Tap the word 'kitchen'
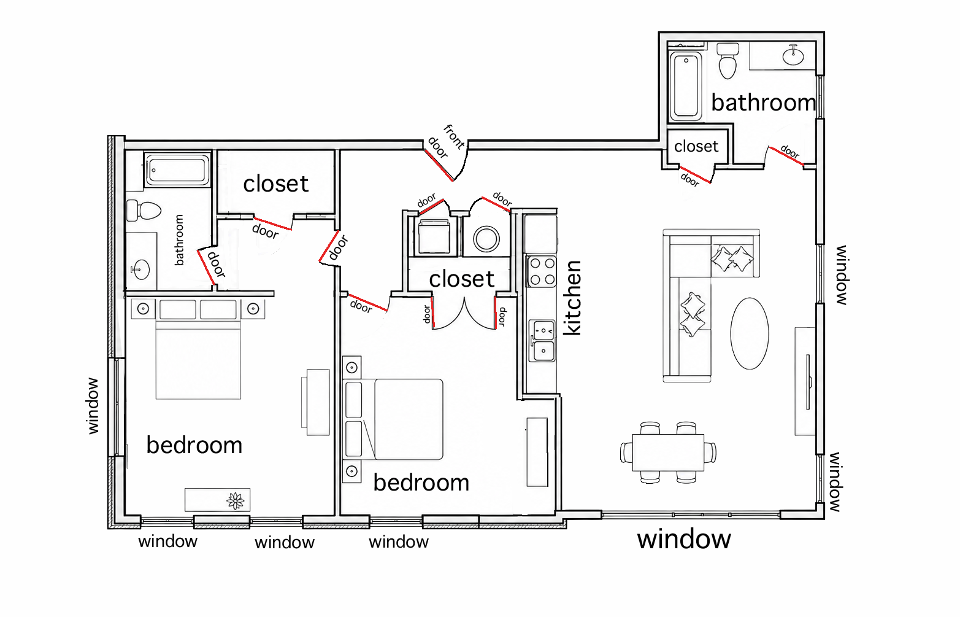point(572,298)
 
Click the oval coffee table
point(749,333)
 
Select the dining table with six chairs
point(668,452)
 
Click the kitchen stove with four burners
point(542,271)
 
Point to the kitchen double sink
point(542,341)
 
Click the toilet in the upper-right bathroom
point(728,61)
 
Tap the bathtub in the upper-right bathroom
point(686,85)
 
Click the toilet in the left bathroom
point(144,210)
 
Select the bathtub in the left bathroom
point(177,170)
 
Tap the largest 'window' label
point(684,540)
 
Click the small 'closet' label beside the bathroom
point(696,147)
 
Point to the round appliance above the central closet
point(486,239)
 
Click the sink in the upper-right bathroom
point(793,55)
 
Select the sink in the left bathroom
point(140,270)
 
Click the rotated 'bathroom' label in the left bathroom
point(179,240)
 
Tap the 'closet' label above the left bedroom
point(275,184)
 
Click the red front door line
point(439,165)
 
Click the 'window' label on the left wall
point(93,406)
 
